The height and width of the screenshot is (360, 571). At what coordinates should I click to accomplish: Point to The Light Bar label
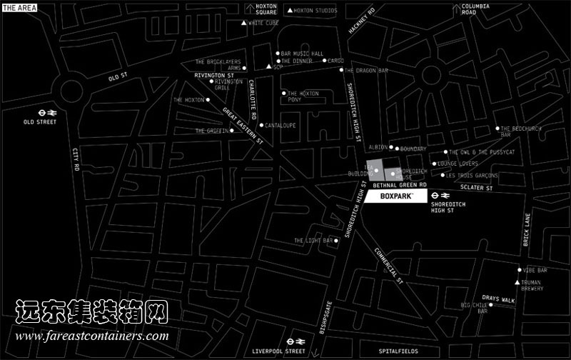tap(313, 241)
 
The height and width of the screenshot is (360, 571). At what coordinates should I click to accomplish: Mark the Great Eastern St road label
tap(243, 126)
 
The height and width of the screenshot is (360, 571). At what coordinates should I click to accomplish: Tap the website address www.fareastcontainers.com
tap(91, 336)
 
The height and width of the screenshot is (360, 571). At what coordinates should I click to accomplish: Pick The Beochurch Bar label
tap(515, 131)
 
